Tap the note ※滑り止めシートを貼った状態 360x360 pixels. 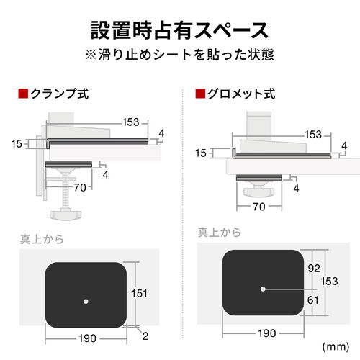(x=180, y=55)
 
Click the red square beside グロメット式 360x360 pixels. (x=199, y=94)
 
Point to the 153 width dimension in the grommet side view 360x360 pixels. (x=313, y=135)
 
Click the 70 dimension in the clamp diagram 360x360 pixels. (x=79, y=188)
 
